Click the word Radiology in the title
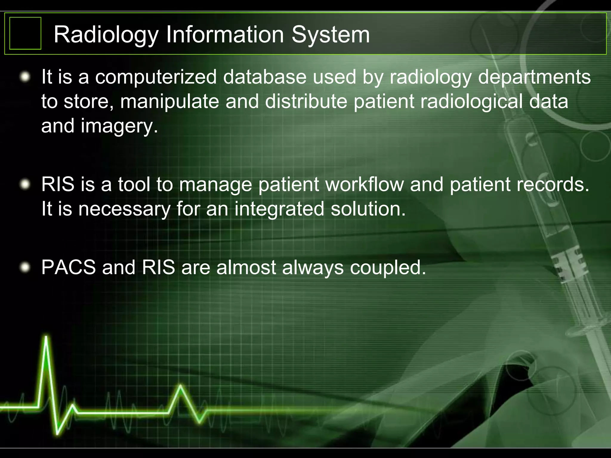click(x=106, y=35)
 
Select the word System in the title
click(x=331, y=35)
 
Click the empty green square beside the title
click(x=25, y=33)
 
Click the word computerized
click(x=156, y=77)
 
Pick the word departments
click(x=534, y=77)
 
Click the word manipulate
click(x=169, y=102)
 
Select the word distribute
click(x=306, y=101)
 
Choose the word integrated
click(x=279, y=209)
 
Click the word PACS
click(x=69, y=267)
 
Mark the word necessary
click(x=124, y=209)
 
